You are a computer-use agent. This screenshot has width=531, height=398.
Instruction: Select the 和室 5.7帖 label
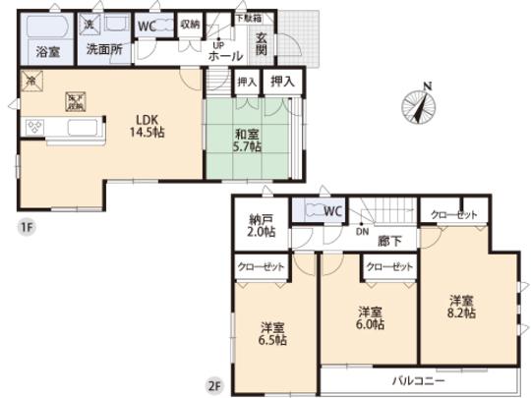point(246,141)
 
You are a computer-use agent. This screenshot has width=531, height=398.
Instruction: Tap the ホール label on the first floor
point(225,57)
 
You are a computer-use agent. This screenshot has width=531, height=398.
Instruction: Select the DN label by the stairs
point(362,233)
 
